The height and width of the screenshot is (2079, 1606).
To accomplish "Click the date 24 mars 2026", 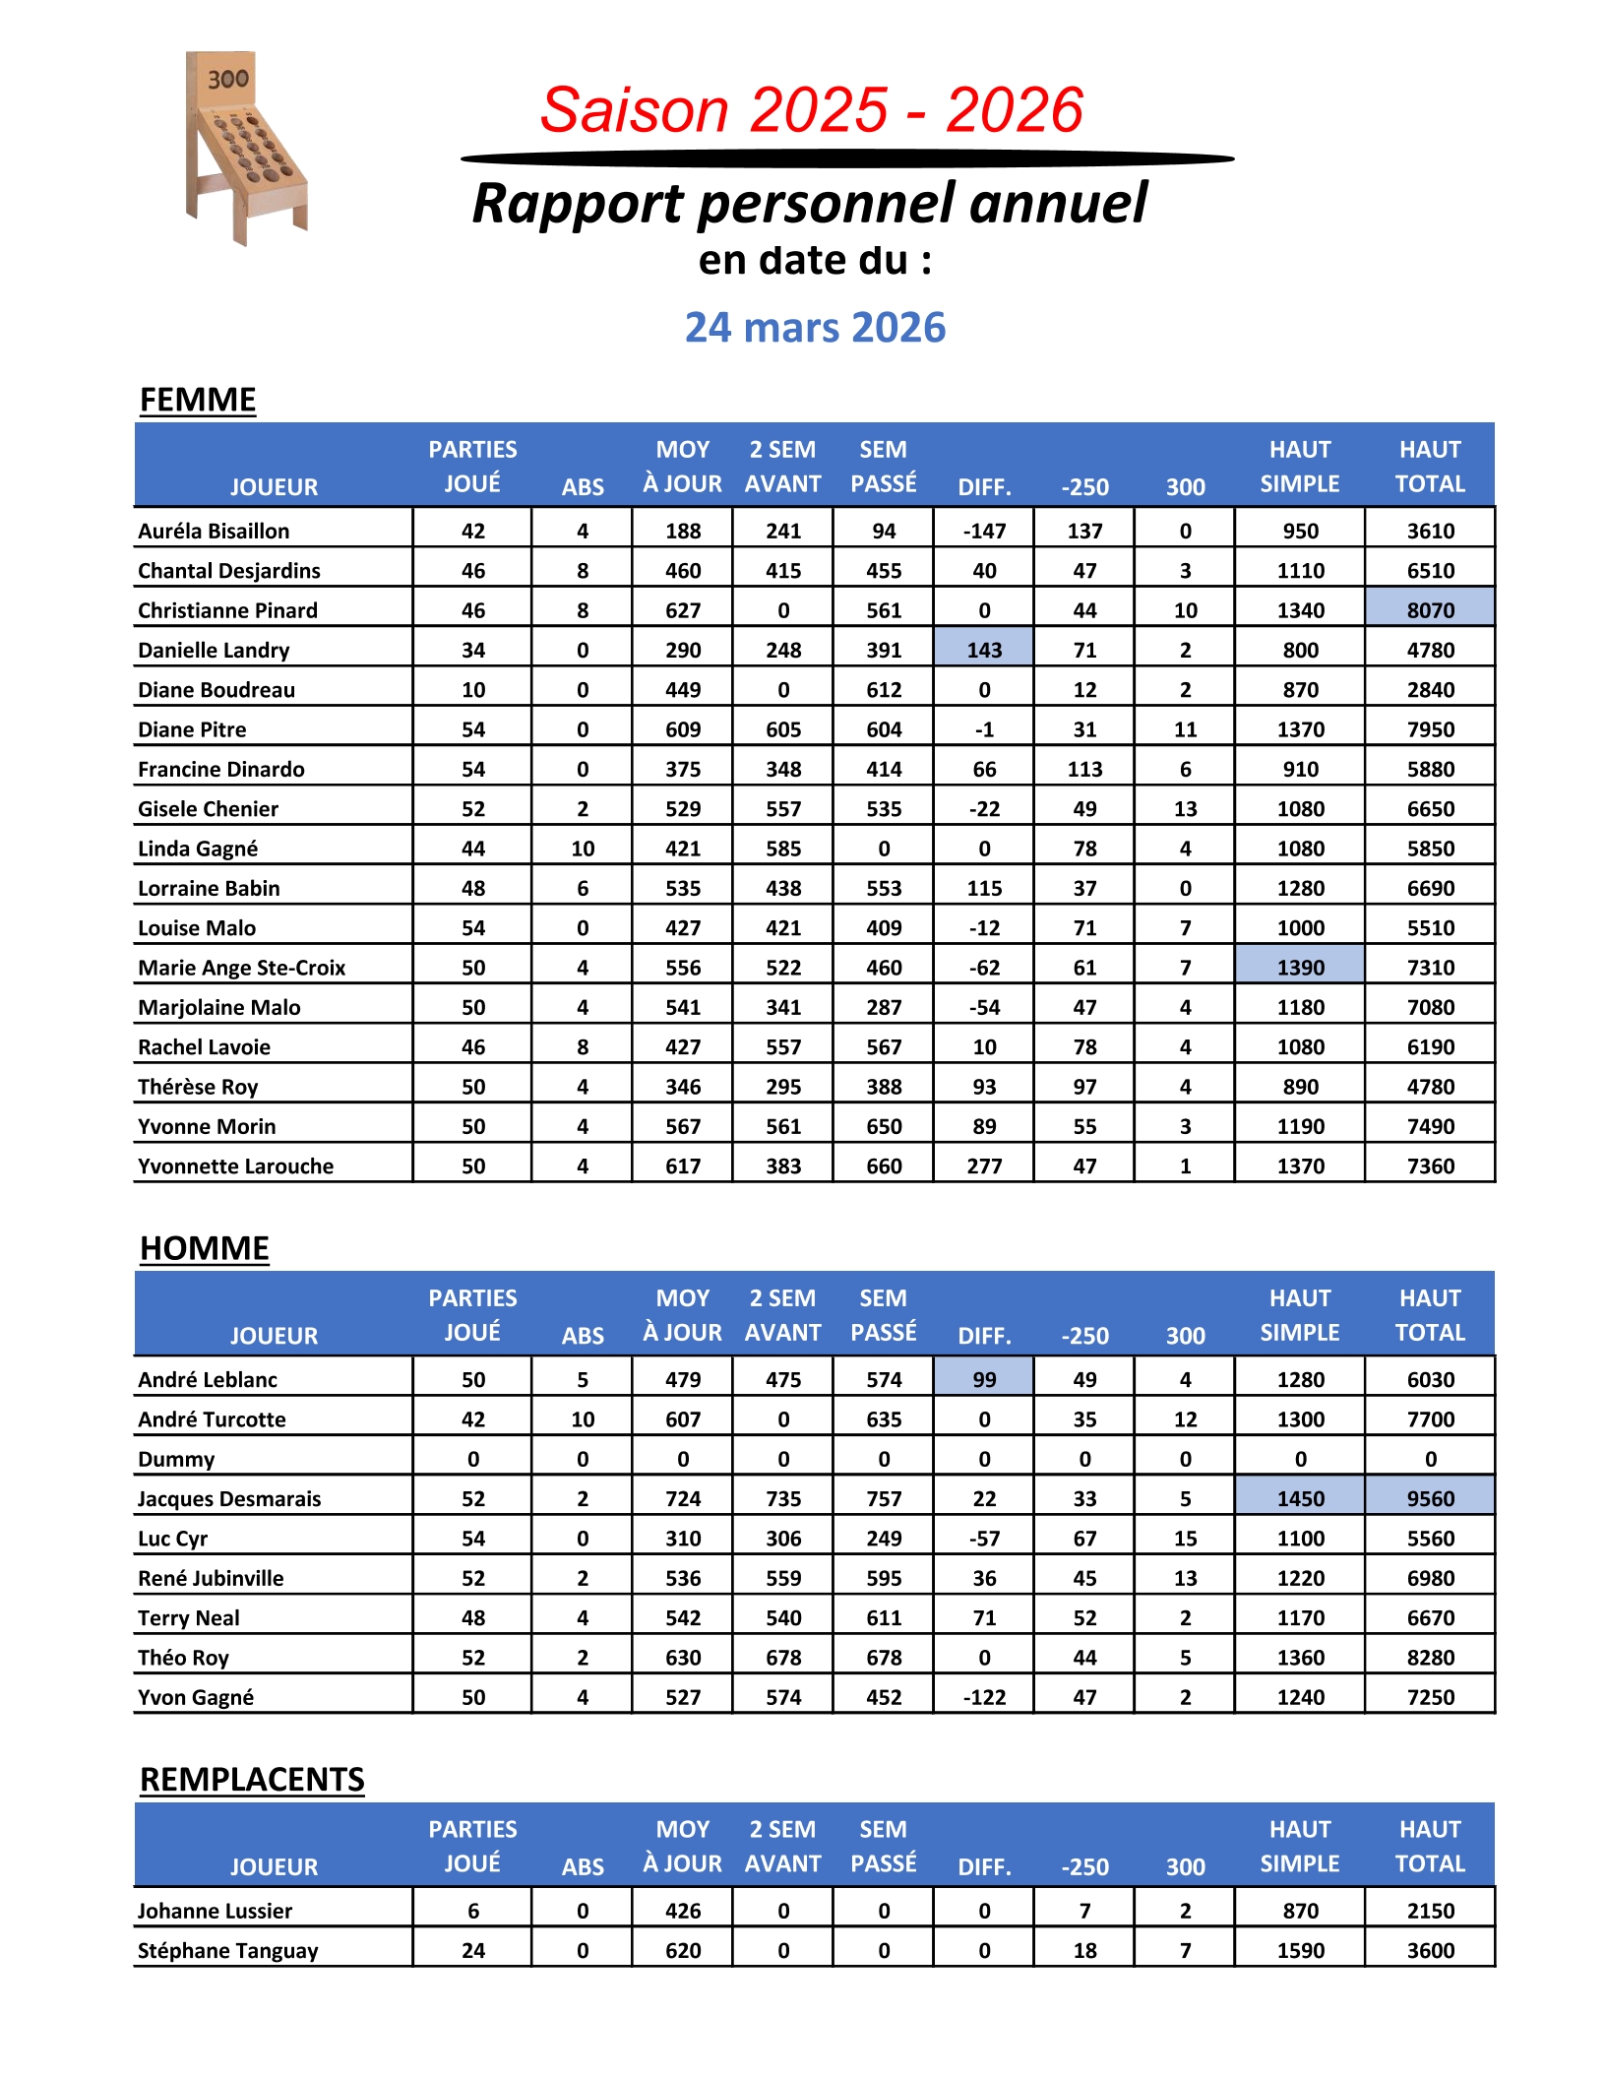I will point(815,328).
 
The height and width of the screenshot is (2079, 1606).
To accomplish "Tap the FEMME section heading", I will point(198,400).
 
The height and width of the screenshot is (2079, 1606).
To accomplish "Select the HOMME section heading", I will point(205,1248).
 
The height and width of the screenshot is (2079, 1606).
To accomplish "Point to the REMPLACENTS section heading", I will point(252,1780).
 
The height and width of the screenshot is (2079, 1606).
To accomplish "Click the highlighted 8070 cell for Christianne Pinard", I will point(1430,610).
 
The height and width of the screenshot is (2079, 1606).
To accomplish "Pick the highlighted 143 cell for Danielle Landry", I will point(984,650).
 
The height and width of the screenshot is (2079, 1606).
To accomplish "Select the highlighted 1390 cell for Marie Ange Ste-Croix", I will point(1300,968).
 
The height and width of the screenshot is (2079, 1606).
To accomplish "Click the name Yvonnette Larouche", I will point(236,1166).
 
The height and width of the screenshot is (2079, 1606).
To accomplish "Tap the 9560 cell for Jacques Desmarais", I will point(1430,1498).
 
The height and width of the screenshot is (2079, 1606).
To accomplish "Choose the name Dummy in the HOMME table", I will point(176,1459).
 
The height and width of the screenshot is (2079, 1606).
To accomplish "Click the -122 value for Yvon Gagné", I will point(984,1697).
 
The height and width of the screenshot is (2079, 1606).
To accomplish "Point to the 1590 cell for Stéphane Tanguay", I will point(1300,1950).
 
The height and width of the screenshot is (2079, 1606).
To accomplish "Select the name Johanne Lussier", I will point(216,1911).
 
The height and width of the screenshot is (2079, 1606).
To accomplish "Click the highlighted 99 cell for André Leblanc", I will point(984,1379).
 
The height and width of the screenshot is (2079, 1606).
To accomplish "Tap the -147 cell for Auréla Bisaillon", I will point(984,532).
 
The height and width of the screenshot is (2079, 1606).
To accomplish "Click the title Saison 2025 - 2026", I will point(812,109).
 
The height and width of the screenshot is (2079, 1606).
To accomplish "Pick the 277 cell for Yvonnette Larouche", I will point(984,1166).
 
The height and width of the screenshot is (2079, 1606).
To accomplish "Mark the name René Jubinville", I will point(211,1578).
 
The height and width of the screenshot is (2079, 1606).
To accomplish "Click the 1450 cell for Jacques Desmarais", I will point(1300,1498).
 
